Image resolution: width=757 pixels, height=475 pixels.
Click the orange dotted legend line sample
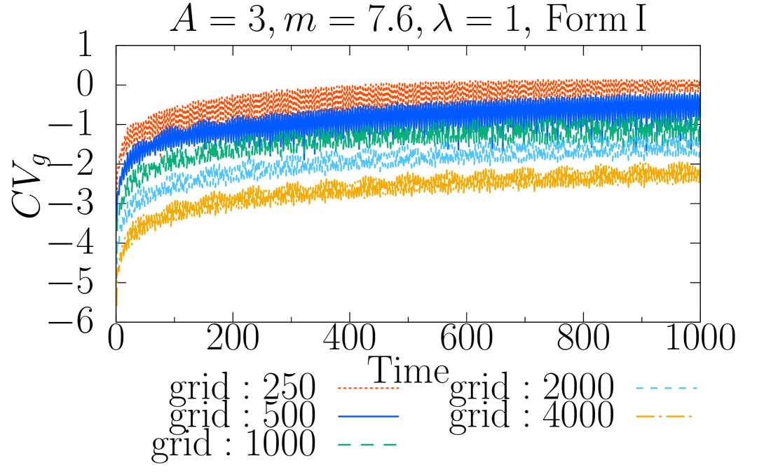[x=368, y=388]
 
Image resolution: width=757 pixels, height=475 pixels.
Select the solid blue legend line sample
[x=368, y=416]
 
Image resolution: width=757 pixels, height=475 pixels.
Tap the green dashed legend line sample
[x=368, y=444]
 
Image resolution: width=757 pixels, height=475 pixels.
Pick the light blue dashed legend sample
[x=666, y=388]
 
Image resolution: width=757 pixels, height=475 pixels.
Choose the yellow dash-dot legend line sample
[x=664, y=416]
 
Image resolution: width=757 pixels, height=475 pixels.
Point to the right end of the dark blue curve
[x=698, y=105]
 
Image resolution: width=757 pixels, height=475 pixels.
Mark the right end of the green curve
[x=698, y=126]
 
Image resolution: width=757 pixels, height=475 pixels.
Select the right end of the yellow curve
[x=698, y=173]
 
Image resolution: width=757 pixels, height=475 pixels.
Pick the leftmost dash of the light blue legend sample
[x=640, y=388]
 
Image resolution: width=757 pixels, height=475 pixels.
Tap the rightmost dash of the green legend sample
[x=390, y=444]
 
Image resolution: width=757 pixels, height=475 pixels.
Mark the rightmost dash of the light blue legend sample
[x=693, y=388]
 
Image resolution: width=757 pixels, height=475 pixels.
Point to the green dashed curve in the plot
[x=421, y=135]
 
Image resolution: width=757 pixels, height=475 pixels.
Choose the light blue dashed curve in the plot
[x=421, y=158]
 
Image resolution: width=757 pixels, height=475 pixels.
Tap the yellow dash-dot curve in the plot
[x=421, y=184]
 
